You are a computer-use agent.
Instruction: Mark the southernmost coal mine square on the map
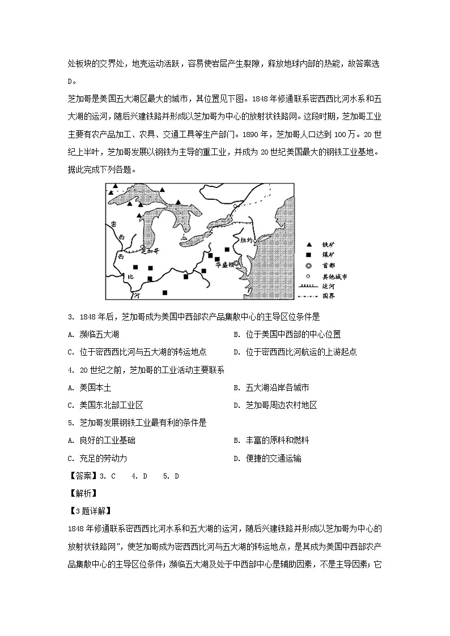(x=165, y=292)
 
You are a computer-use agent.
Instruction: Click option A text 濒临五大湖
(x=99, y=335)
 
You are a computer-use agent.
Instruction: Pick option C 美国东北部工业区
(x=111, y=405)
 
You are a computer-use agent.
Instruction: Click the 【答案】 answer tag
(x=81, y=476)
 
